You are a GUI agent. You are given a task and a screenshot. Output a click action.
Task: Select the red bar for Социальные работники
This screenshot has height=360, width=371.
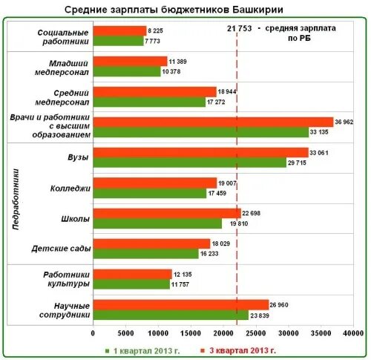pos(119,30)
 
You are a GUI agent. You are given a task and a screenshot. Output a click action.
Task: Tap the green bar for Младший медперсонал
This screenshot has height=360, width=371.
pos(127,71)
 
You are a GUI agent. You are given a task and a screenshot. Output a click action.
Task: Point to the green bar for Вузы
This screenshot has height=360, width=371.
pos(189,163)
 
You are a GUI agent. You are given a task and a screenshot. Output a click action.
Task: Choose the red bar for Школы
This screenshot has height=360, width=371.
pos(167,213)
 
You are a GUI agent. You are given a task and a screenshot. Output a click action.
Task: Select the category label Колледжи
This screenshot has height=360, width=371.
pos(71,189)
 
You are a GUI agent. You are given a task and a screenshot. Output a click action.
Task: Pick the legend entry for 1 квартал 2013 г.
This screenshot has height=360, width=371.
pos(145,349)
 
